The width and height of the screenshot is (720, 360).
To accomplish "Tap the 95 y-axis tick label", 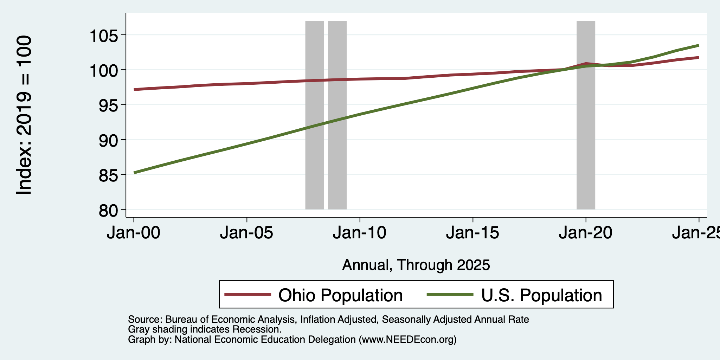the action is click(x=108, y=105).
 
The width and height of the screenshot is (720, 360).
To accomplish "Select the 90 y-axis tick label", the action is click(x=108, y=140).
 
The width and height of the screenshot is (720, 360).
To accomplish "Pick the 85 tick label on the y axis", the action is click(x=108, y=175).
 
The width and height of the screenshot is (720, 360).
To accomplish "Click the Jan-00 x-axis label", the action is click(x=134, y=233).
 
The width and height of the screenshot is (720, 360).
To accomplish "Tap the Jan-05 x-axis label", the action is click(x=247, y=233).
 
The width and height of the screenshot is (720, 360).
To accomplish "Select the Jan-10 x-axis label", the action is click(x=360, y=233).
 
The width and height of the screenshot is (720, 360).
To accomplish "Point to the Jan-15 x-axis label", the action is click(x=473, y=233).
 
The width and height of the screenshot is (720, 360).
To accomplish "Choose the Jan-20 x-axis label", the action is click(x=586, y=233).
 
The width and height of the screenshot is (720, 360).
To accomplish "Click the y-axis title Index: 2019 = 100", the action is click(x=24, y=115).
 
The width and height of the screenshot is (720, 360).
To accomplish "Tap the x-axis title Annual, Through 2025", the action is click(x=416, y=265).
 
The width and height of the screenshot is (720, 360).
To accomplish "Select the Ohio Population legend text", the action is click(x=340, y=295).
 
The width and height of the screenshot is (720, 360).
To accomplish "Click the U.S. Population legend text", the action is click(x=541, y=295).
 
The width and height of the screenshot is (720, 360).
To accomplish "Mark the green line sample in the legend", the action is click(x=450, y=294).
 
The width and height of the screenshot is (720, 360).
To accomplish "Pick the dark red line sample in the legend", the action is click(x=247, y=294).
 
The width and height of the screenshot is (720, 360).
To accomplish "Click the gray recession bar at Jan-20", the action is click(x=586, y=115).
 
